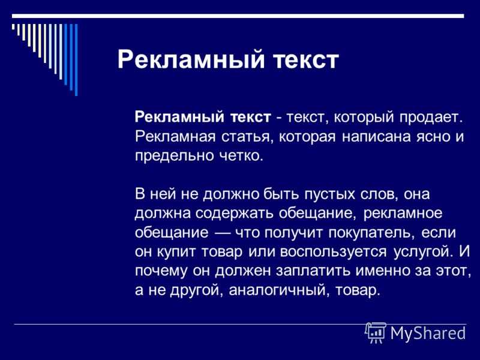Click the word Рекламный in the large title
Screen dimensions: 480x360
(x=190, y=59)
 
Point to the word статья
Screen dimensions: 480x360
(x=247, y=137)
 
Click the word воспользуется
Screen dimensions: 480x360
(x=333, y=252)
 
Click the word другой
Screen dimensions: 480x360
(x=195, y=290)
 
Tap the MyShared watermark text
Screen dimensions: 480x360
(x=428, y=333)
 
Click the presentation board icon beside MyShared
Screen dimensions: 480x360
(x=376, y=332)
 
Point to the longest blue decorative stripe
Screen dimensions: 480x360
(x=76, y=60)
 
